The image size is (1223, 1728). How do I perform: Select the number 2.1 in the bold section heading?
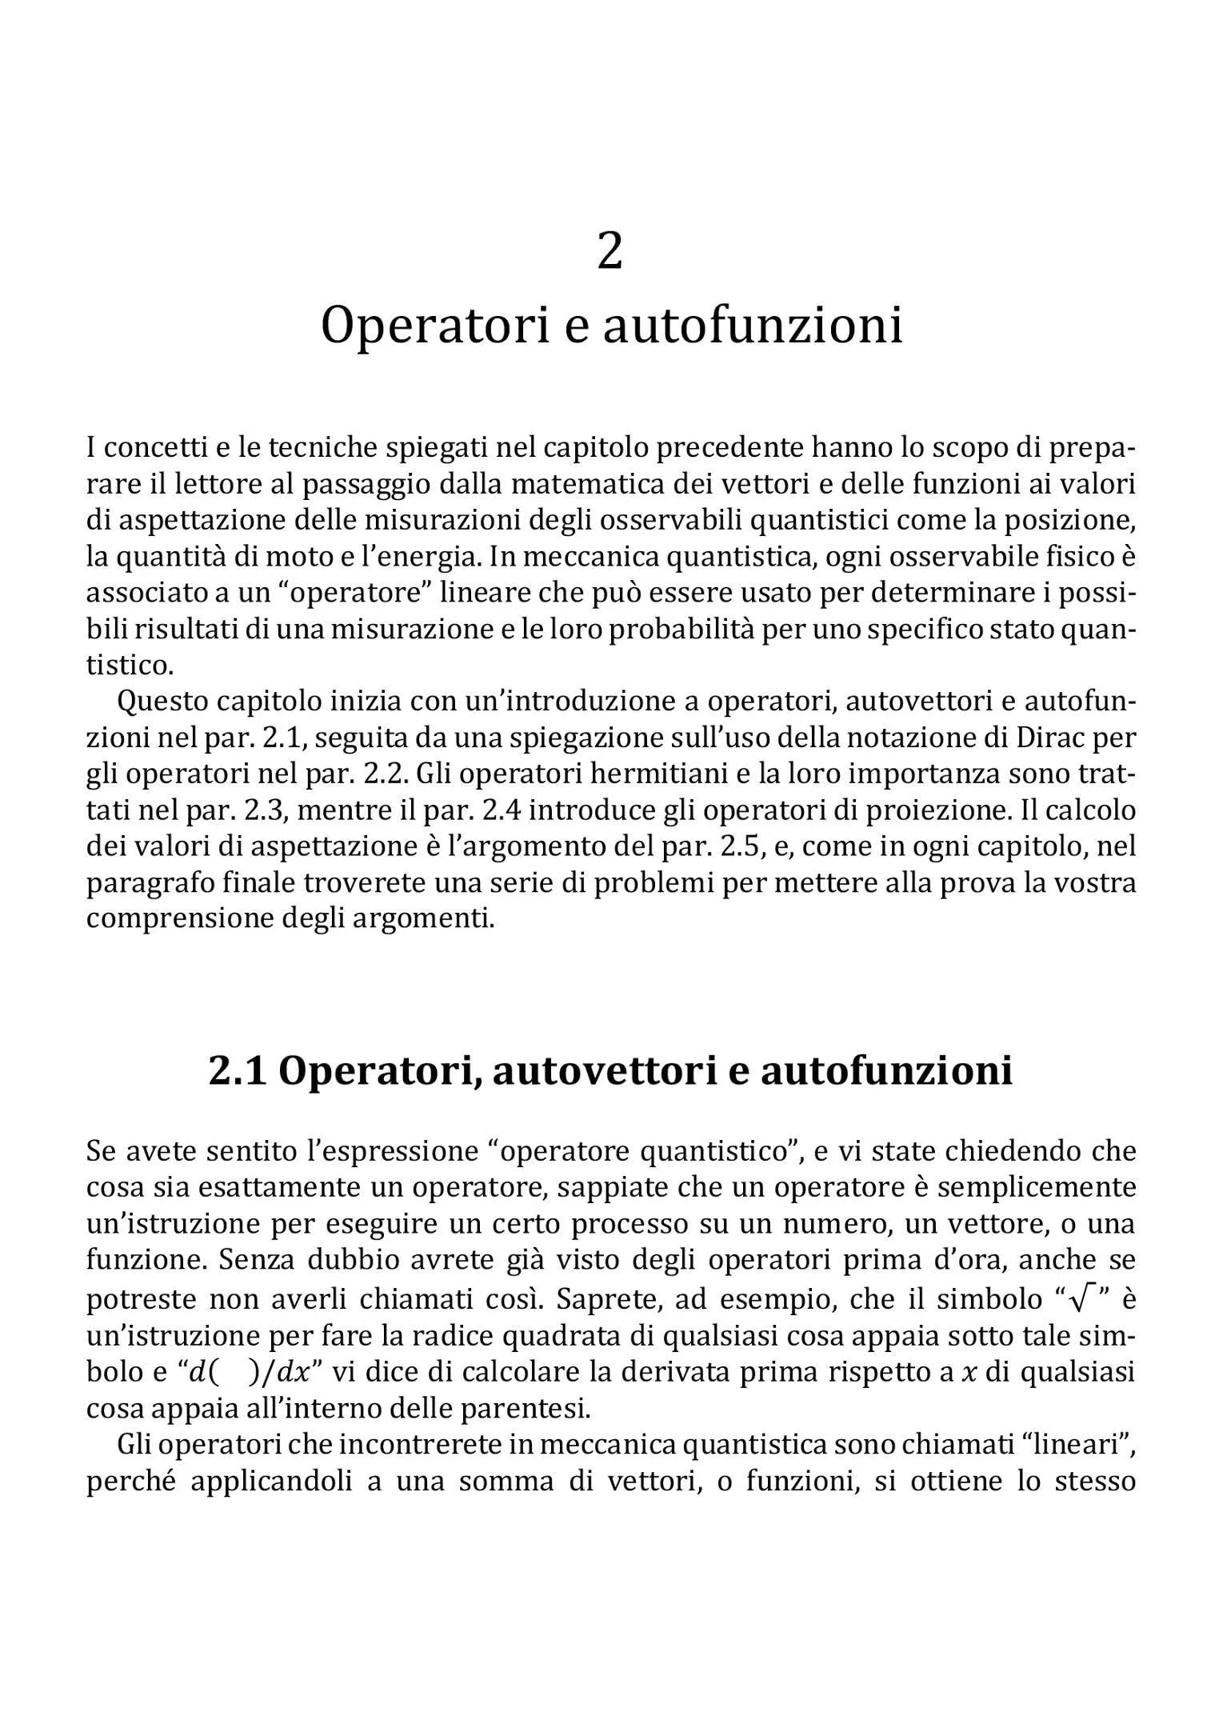(237, 1070)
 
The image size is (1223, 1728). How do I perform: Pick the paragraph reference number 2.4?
(502, 810)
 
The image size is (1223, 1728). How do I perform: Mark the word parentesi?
(538, 1408)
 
